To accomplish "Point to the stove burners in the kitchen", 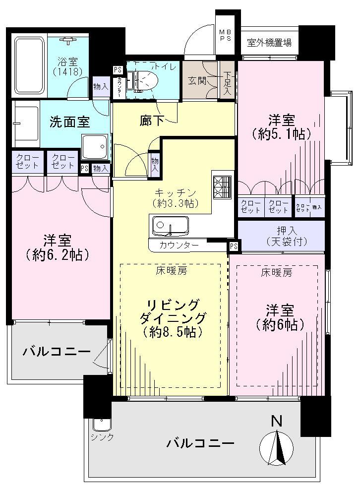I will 221,187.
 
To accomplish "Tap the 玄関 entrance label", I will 197,80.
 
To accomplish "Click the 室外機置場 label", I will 269,43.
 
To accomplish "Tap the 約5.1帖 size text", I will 281,133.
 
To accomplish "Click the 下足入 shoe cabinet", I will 228,80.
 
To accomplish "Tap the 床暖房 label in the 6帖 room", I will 276,272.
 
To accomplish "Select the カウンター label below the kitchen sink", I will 179,245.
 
